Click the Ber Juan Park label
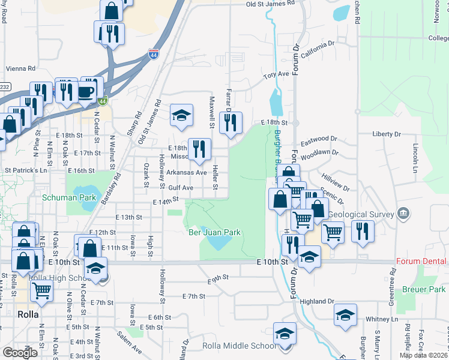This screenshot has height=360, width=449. coord(214,232)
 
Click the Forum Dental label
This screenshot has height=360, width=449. coord(421,262)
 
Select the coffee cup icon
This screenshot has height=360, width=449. coord(86,92)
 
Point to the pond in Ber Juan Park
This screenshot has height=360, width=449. coord(219,242)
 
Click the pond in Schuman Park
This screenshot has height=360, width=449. coord(89,203)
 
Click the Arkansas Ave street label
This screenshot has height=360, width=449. coord(186,172)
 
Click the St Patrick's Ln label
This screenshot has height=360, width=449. coord(26,170)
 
